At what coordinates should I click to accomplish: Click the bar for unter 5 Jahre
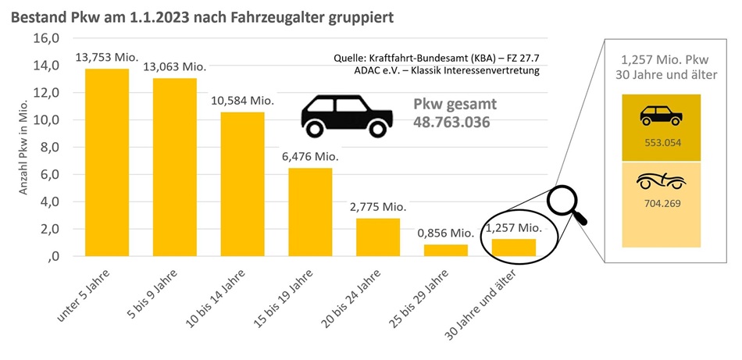(107, 162)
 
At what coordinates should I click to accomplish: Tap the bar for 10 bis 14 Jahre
(242, 184)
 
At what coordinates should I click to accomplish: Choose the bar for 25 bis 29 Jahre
(445, 250)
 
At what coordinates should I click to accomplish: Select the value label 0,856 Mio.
(446, 233)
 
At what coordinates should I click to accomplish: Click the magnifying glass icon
(567, 205)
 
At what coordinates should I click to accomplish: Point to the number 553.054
(662, 143)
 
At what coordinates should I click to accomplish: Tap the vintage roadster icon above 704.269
(662, 182)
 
